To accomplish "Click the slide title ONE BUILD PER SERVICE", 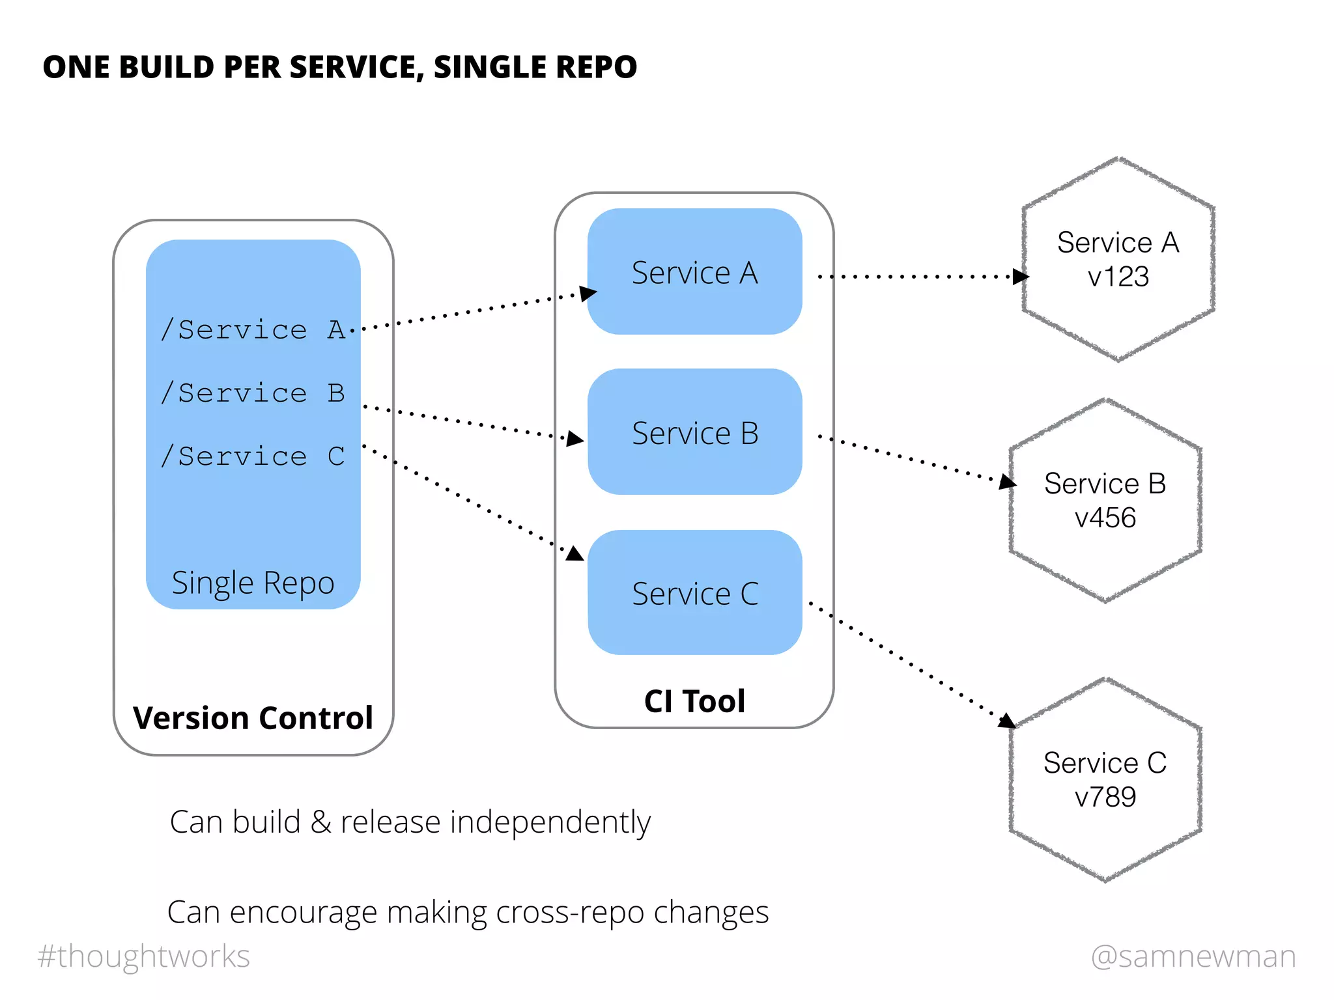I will click(339, 67).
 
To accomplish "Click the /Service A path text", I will click(253, 330).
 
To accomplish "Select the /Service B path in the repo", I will click(253, 393).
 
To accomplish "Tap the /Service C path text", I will click(253, 456).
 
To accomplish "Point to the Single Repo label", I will click(253, 583).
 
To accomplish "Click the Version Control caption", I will click(253, 718).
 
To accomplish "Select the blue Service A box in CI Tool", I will click(694, 272).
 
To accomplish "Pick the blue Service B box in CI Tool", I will click(694, 433).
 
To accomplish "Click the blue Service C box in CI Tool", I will click(694, 593).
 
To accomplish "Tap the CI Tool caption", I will click(694, 701).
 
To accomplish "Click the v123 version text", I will click(1118, 277).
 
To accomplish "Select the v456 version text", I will click(1105, 518).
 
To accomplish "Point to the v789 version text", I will click(1105, 797).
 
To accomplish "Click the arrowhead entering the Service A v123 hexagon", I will click(1020, 277).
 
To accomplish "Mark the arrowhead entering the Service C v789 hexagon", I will click(1007, 721).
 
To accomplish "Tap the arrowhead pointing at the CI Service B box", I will click(575, 439).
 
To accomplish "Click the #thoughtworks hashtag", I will click(144, 956).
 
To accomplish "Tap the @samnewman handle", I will click(1193, 956).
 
